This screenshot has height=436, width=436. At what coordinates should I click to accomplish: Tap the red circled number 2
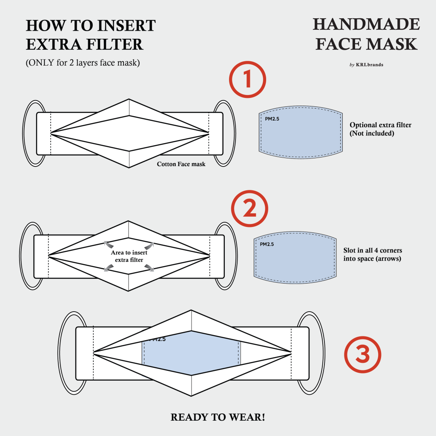(x=250, y=208)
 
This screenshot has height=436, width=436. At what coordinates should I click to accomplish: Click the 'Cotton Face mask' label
(x=181, y=164)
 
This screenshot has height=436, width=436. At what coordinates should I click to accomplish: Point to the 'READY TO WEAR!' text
(x=218, y=417)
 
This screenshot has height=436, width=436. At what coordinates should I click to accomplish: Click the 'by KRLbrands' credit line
(x=366, y=65)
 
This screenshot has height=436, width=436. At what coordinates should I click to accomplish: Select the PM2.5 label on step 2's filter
(x=267, y=244)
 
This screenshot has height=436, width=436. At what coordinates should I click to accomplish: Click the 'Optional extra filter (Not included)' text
(x=380, y=129)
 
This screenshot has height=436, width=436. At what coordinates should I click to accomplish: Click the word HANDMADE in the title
(x=366, y=25)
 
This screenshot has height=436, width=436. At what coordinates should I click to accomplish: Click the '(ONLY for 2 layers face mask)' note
(x=83, y=63)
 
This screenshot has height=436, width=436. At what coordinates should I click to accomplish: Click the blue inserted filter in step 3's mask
(x=192, y=353)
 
